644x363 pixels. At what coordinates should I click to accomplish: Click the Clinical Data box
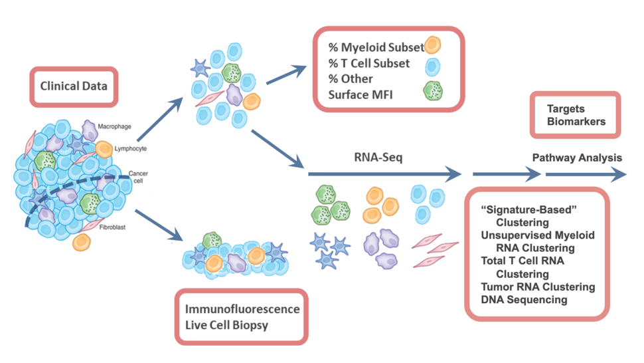(x=74, y=86)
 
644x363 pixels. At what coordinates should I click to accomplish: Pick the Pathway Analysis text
(x=577, y=158)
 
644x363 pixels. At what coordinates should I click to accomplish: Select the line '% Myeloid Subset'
(x=376, y=47)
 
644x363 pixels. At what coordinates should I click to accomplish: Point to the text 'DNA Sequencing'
(x=524, y=300)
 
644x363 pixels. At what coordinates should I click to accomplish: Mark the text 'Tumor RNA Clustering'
(x=538, y=287)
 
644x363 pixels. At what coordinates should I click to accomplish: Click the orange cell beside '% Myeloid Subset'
(x=432, y=45)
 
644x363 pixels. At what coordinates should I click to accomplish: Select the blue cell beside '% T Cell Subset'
(x=432, y=66)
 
